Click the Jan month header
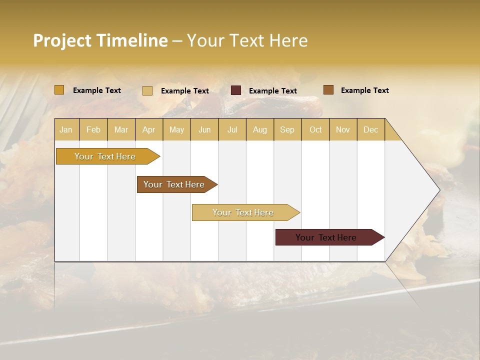[66, 129]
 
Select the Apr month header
[149, 129]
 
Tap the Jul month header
[232, 129]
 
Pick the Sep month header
[287, 129]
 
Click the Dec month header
[370, 129]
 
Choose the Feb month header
[93, 129]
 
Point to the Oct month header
[315, 129]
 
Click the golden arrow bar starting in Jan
[105, 156]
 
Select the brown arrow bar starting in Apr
[174, 184]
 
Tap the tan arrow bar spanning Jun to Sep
[243, 212]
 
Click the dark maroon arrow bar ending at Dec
[326, 237]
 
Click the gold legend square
[59, 90]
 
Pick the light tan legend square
[147, 90]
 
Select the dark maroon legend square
[236, 90]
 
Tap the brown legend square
[328, 90]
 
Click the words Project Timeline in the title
[100, 40]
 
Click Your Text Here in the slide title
[247, 40]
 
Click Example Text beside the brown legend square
[364, 90]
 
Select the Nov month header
[343, 129]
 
